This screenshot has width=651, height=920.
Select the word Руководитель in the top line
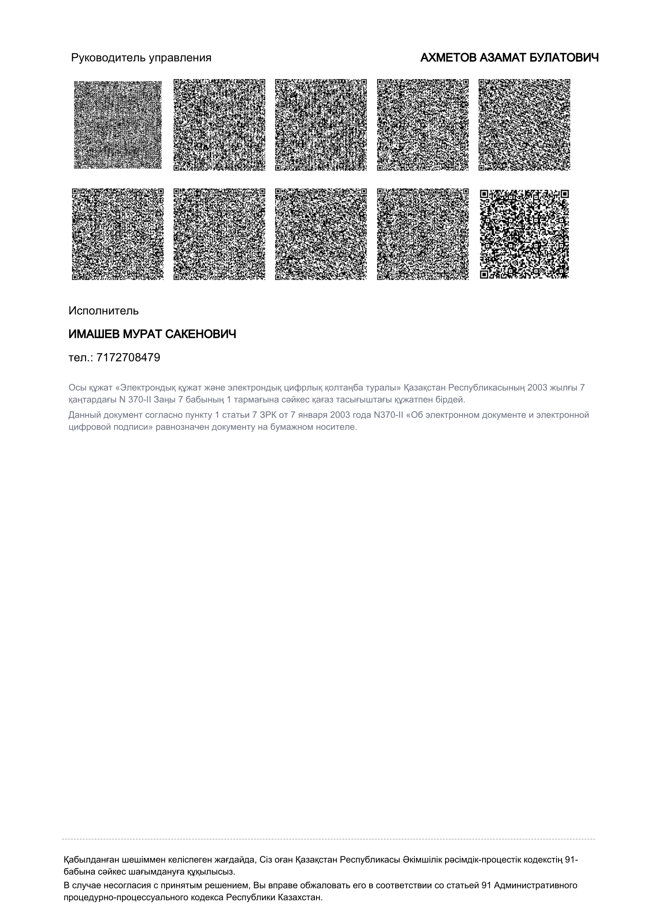click(x=109, y=58)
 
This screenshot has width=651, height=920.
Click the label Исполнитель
click(x=104, y=311)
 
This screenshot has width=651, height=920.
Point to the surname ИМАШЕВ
click(x=94, y=334)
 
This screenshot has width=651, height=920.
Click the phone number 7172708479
click(x=128, y=357)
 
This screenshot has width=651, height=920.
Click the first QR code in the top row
click(x=118, y=125)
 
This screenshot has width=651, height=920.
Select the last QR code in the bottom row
click(x=524, y=234)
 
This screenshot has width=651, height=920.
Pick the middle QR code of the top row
click(x=321, y=125)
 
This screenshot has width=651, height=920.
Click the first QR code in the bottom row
click(x=118, y=234)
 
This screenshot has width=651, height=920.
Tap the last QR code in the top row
click(x=524, y=125)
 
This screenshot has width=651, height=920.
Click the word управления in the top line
click(x=180, y=58)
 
